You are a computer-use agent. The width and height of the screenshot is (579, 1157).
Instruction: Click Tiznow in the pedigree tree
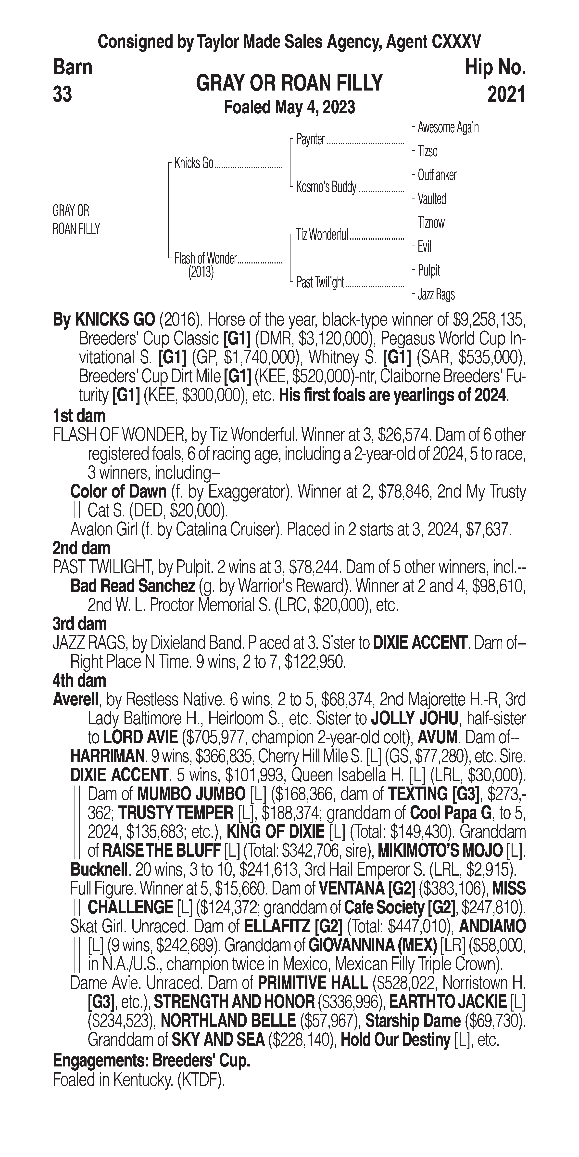pos(431,223)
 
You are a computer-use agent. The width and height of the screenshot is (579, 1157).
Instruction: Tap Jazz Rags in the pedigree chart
pos(436,295)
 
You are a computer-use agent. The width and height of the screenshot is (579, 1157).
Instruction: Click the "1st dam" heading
pos(79,416)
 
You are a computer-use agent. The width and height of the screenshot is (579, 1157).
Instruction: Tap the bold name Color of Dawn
pos(118,492)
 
